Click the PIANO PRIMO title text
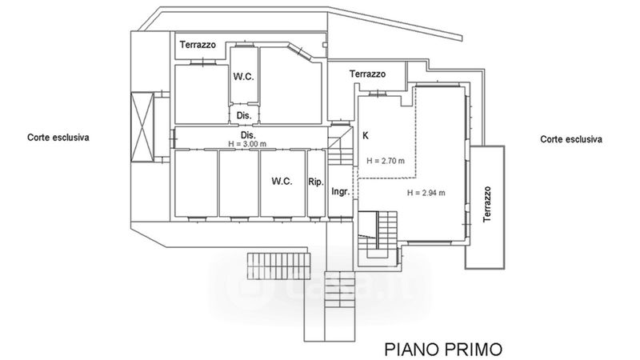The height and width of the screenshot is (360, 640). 443,350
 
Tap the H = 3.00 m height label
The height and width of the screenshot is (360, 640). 247,144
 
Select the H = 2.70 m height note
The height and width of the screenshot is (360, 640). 386,161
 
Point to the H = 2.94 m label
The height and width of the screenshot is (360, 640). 426,193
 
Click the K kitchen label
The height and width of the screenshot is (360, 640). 366,135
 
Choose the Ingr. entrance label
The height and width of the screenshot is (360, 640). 341,191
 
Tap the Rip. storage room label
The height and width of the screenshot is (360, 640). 315,182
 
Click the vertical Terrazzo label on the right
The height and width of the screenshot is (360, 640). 487,204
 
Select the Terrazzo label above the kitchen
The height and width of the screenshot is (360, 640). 367,74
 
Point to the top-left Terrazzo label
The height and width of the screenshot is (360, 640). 198,45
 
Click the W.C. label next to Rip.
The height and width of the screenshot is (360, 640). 282,181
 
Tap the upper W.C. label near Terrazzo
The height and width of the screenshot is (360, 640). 244,76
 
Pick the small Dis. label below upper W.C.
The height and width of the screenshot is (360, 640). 244,115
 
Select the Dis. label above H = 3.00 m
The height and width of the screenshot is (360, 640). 248,135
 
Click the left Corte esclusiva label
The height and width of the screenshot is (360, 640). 58,137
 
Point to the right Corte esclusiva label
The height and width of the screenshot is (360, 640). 571,139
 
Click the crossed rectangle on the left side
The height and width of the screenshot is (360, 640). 142,127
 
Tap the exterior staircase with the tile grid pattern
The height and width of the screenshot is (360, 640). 278,266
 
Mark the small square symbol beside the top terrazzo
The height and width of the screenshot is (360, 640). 325,45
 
